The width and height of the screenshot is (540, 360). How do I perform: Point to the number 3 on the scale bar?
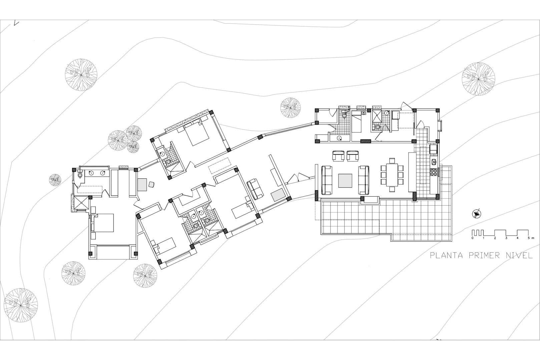(x=506, y=238)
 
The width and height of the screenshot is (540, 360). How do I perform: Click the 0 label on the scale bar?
(x=472, y=238)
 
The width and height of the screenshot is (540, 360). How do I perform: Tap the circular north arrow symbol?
(x=477, y=213)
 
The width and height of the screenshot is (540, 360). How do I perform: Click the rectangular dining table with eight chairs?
(x=392, y=175)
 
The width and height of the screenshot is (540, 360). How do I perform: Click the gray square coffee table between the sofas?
(x=345, y=181)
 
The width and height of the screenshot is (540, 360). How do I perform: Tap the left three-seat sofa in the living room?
(x=327, y=180)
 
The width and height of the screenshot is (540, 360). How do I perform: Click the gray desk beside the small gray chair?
(x=142, y=185)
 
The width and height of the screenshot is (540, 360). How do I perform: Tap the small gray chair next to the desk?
(x=152, y=184)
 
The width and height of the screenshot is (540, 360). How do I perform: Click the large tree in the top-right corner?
(x=478, y=79)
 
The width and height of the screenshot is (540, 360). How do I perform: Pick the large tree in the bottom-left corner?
(x=21, y=305)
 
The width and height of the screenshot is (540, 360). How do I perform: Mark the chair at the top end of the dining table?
(x=392, y=160)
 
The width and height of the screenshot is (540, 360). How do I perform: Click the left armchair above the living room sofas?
(x=338, y=156)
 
